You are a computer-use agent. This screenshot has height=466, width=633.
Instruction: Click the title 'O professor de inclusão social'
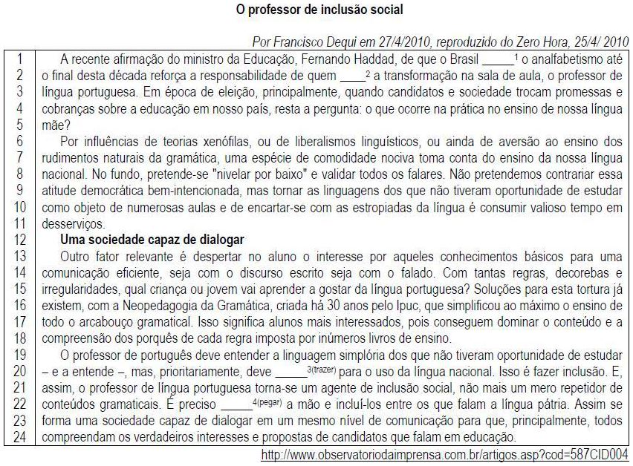pos(319,10)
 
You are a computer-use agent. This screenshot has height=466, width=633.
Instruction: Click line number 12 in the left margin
pos(20,240)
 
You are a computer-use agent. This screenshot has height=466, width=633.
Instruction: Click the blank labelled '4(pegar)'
pos(236,406)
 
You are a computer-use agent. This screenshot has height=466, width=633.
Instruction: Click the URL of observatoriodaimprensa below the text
pos(445,455)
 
